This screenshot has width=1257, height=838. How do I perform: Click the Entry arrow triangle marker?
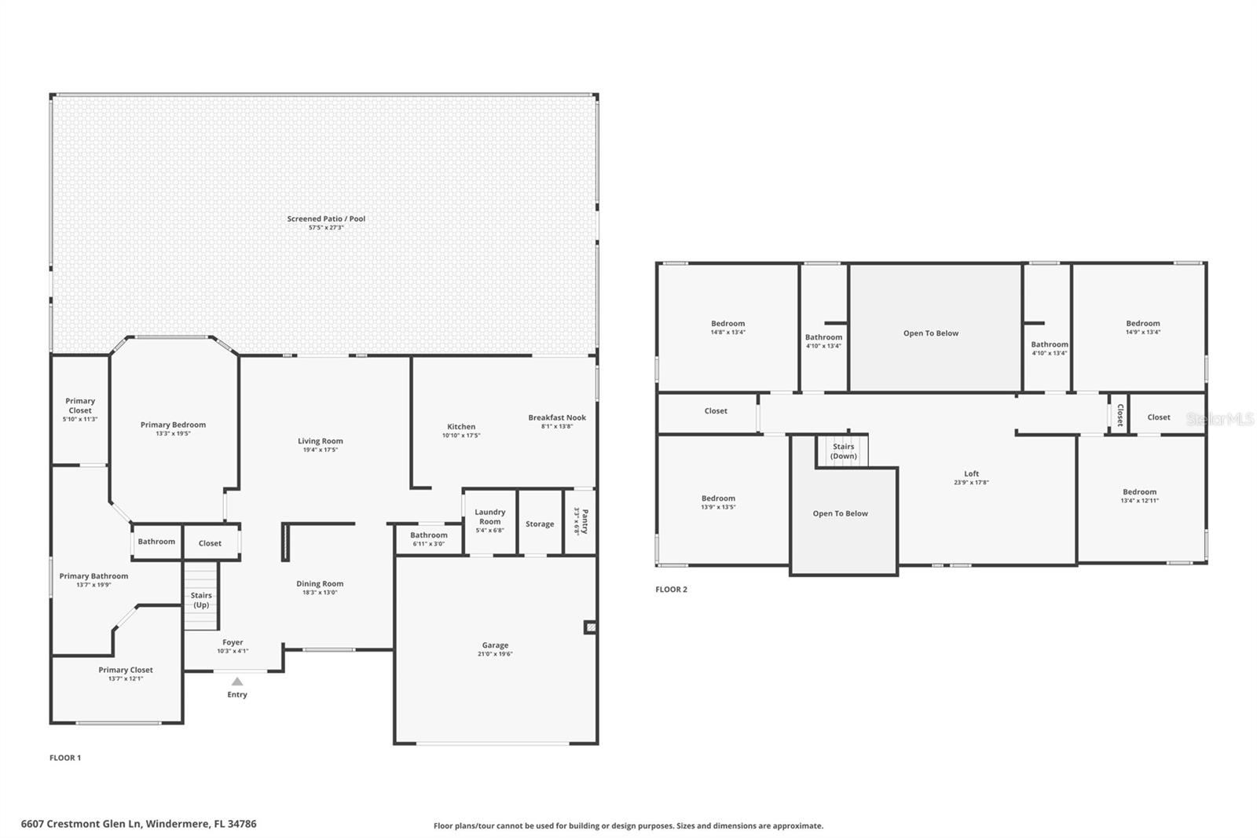click(x=237, y=682)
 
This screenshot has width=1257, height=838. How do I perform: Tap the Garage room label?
click(x=495, y=645)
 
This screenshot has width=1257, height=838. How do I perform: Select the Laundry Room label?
click(x=490, y=516)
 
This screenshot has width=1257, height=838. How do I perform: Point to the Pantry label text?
click(x=585, y=521)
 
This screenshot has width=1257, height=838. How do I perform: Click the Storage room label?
click(x=540, y=524)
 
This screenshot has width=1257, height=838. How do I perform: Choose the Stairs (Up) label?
click(x=201, y=600)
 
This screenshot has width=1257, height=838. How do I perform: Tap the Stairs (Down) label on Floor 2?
click(x=844, y=451)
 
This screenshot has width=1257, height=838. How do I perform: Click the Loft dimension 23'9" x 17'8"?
click(x=971, y=483)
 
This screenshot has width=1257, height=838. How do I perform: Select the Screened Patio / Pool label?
click(x=326, y=219)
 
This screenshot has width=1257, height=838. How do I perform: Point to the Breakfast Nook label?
click(x=557, y=417)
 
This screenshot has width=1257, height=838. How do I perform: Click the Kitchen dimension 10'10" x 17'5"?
click(x=461, y=436)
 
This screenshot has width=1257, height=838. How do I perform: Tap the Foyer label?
click(x=233, y=642)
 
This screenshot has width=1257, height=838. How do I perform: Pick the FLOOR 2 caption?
click(x=671, y=589)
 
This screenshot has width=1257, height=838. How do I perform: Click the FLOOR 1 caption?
click(x=65, y=758)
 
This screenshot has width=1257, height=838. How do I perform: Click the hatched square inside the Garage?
click(x=590, y=627)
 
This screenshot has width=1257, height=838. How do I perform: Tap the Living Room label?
click(x=321, y=441)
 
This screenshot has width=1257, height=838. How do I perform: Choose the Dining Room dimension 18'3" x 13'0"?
click(x=320, y=592)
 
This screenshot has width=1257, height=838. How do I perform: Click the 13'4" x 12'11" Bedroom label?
click(x=1140, y=501)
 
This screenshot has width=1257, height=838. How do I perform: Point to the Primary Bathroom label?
click(x=93, y=575)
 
